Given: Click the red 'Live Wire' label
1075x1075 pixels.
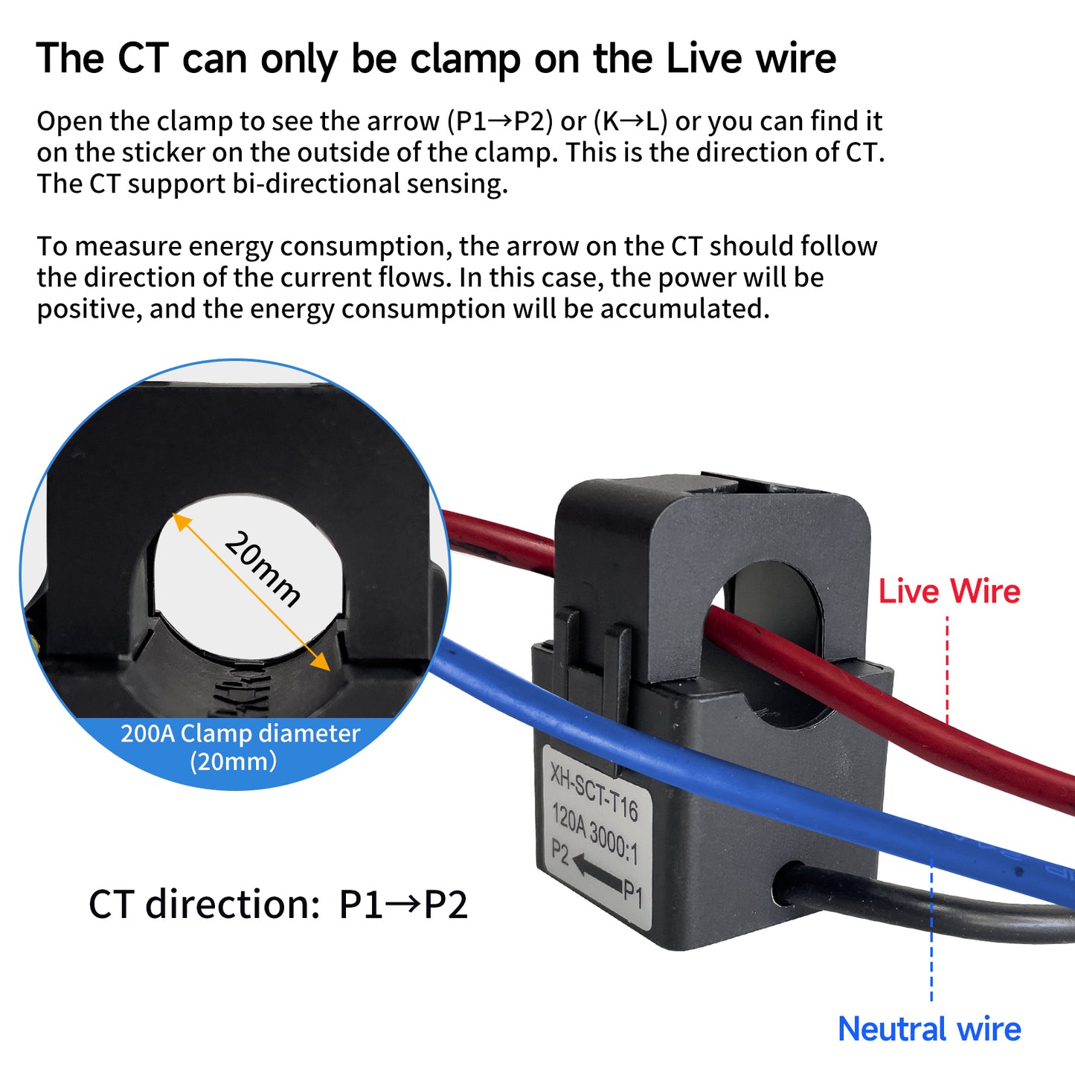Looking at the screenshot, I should point(949,592).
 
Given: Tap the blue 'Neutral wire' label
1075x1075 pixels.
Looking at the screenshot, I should point(929,1030).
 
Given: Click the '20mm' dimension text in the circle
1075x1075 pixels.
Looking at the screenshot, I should point(263,569).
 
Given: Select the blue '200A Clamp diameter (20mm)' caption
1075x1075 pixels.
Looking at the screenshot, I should point(240,747).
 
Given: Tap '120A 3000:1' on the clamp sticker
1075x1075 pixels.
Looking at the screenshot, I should point(594,833).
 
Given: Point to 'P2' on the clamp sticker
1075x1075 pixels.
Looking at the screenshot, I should point(559,853).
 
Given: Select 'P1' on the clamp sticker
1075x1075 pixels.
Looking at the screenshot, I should point(632,891).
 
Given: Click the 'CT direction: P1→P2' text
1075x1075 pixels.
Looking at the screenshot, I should point(278,905).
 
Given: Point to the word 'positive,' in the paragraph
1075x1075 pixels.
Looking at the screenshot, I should point(89,309).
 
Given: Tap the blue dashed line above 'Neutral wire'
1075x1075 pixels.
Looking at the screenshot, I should point(931,930).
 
